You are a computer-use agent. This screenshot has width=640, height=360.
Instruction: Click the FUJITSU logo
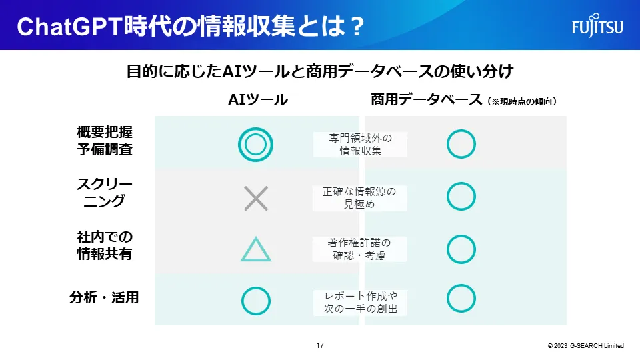pos(597,27)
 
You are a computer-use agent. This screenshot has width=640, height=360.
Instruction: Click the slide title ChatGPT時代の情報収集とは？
pos(190,27)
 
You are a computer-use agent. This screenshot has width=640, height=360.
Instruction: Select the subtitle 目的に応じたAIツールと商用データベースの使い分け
pos(319,71)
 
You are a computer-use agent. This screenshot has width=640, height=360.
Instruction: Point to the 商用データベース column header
pos(427,100)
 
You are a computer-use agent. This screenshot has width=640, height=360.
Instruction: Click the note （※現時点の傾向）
pos(522,101)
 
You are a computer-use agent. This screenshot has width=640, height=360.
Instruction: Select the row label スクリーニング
pos(105,191)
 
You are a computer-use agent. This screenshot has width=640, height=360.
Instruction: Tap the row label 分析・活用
pos(105,297)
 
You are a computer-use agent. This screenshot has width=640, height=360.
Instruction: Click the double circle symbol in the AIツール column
pos(255,143)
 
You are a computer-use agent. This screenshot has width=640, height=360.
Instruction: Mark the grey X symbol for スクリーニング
pos(255,198)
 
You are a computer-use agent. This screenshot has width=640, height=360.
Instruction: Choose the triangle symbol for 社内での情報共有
pos(255,249)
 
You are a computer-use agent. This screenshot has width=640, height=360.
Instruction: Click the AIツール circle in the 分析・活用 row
pos(255,301)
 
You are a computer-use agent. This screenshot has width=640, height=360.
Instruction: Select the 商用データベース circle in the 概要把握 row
pos(461,143)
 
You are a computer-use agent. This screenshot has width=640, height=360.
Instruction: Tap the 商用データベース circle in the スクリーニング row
pos(461,196)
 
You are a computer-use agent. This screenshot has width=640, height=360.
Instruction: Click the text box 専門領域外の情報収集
pos(360,144)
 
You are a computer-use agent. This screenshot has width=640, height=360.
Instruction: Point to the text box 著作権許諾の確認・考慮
pos(360,249)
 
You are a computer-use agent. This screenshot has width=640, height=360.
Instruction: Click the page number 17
pos(320,345)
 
